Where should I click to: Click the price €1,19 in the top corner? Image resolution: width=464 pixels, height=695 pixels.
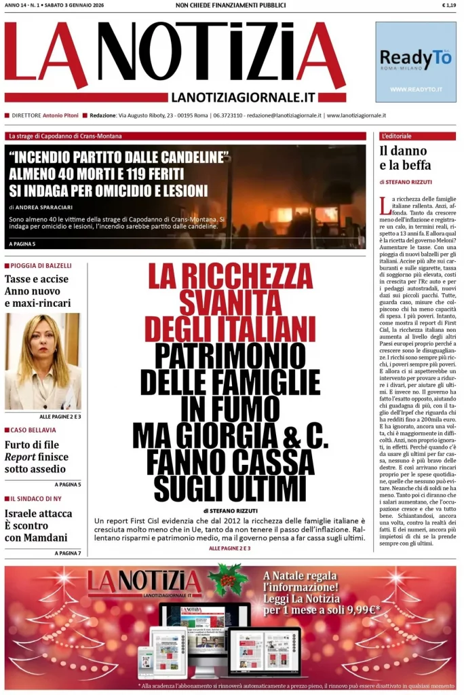pyautogui.click(x=448, y=5)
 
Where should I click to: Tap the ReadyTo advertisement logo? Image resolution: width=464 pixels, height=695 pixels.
pyautogui.click(x=415, y=60)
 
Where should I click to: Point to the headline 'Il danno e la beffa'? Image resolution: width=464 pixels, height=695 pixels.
pyautogui.click(x=404, y=158)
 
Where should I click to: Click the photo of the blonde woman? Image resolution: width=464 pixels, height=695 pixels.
pyautogui.click(x=42, y=361)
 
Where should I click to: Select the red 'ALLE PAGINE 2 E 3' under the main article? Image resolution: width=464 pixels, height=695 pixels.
pyautogui.click(x=229, y=548)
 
